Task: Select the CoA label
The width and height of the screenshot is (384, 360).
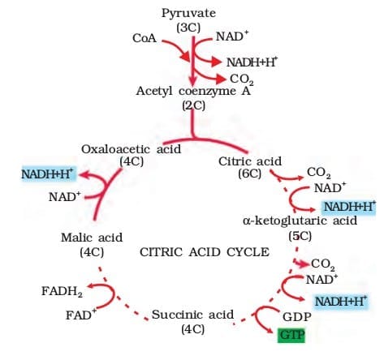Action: [x=144, y=38]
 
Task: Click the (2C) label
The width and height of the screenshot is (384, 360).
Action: [x=192, y=103]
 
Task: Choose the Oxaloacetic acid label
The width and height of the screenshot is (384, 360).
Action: [x=132, y=148]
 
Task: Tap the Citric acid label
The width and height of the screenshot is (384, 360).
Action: [x=249, y=161]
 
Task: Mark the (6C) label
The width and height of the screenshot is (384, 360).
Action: [x=249, y=174]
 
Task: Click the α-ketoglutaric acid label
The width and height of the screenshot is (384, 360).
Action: [x=300, y=221]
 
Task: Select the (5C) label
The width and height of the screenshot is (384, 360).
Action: [x=300, y=236]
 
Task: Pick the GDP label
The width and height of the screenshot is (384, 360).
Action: [x=291, y=316]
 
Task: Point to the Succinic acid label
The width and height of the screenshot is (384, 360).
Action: [x=192, y=315]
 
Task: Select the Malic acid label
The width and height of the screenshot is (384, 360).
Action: [x=91, y=238]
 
